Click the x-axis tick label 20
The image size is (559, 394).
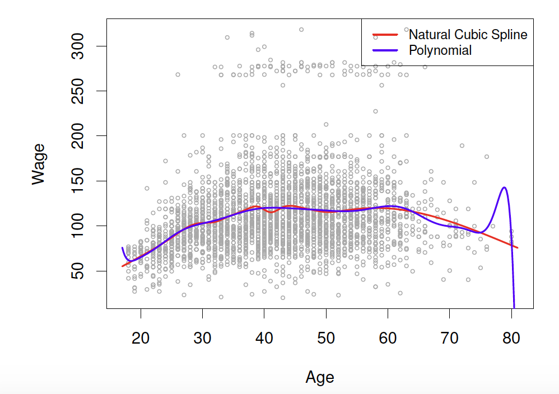141,339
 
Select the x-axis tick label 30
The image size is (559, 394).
202,339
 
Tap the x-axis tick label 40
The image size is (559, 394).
264,339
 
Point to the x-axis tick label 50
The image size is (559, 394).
326,339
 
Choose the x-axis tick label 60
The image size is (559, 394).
388,339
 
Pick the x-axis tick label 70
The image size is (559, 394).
449,339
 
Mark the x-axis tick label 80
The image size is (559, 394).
511,339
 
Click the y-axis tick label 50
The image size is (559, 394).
81,271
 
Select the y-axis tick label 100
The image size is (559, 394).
81,226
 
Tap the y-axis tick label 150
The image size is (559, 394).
81,181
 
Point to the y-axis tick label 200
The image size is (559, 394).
81,136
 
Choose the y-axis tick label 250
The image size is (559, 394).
81,91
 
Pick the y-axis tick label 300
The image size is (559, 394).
81,46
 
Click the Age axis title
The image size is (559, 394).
320,378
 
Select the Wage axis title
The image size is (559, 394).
39,163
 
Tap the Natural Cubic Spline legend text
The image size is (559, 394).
468,35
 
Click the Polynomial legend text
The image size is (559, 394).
440,50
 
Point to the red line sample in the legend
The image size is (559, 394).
385,35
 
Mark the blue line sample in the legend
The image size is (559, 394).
385,50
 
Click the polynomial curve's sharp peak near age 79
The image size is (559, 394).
504,187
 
